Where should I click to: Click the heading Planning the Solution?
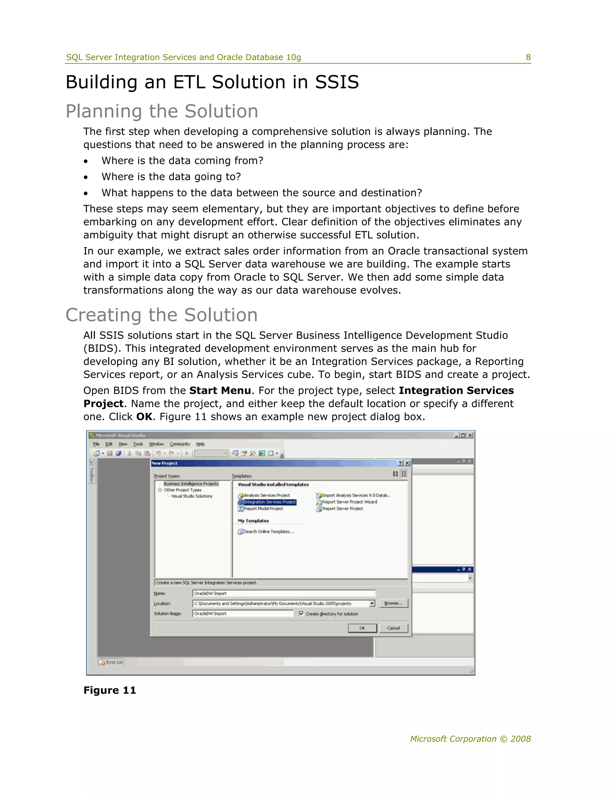click(x=162, y=111)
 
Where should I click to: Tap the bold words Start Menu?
click(x=220, y=391)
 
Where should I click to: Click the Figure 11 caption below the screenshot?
click(x=109, y=690)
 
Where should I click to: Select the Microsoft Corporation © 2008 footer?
click(x=470, y=739)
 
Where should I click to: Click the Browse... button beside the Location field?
click(x=393, y=603)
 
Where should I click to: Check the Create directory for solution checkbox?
click(x=301, y=613)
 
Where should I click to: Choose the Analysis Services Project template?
click(x=266, y=495)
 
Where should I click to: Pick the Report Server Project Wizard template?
click(x=349, y=502)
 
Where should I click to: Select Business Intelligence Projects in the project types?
click(x=191, y=484)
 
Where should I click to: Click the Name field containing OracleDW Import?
click(x=284, y=593)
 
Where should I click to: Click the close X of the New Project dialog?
click(x=407, y=463)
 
